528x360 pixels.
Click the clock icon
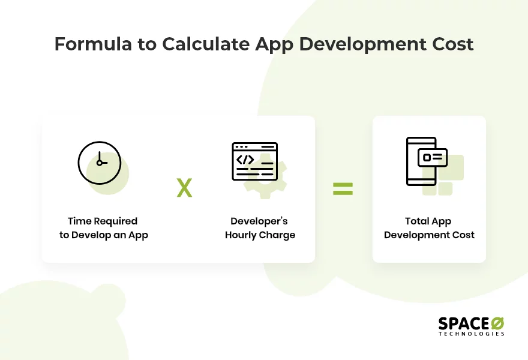[100, 163]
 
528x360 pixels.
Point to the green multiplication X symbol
[184, 188]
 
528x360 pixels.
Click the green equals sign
[343, 189]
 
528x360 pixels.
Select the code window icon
[254, 161]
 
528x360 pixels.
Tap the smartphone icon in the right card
[422, 161]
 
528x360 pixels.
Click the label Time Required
[103, 221]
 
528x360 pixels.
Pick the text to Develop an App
[103, 235]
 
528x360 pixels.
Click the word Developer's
[259, 221]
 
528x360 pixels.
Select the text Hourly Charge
[260, 235]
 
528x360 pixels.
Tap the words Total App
[428, 221]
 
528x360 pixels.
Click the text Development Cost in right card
[429, 235]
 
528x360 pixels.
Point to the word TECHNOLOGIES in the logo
[471, 334]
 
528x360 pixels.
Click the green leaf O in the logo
[497, 323]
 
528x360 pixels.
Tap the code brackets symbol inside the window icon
[245, 160]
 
